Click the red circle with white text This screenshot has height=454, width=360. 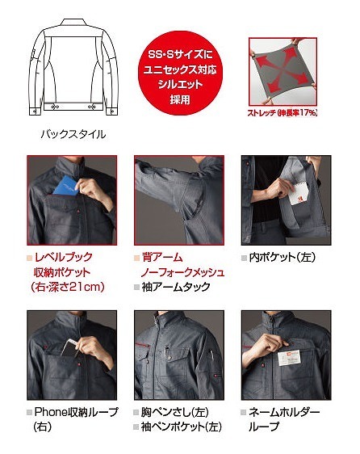click(x=180, y=74)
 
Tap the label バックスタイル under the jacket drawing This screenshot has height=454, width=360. click(x=73, y=134)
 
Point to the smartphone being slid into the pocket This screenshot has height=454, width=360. click(x=69, y=348)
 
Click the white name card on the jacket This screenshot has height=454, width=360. click(x=289, y=359)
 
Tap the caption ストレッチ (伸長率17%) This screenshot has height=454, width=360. click(x=283, y=112)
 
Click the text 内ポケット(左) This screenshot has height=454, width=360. click(x=283, y=258)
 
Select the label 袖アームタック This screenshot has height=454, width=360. click(x=176, y=287)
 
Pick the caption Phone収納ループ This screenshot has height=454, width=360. click(x=77, y=412)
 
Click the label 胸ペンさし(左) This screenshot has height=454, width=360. click(x=175, y=412)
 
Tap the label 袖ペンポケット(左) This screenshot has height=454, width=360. click(x=182, y=427)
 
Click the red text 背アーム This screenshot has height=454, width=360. click(x=162, y=258)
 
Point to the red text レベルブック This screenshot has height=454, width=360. click(x=64, y=257)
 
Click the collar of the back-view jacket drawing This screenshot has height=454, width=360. click(x=73, y=23)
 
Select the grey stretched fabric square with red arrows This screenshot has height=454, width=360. click(x=283, y=71)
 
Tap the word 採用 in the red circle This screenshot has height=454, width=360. click(x=180, y=99)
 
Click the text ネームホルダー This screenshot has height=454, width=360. click(x=284, y=412)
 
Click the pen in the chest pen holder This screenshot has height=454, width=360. click(x=166, y=351)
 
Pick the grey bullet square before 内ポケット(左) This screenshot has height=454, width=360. click(x=244, y=258)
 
